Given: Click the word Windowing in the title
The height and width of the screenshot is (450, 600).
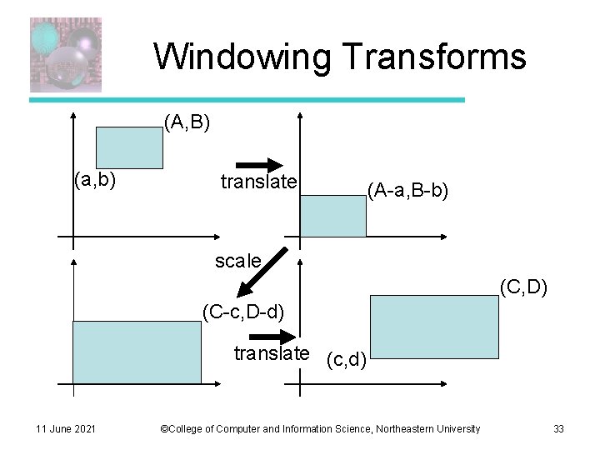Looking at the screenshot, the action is [242, 57].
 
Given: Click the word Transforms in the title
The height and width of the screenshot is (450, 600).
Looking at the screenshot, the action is [434, 57].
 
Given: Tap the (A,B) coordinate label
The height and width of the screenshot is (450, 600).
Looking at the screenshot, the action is [187, 123].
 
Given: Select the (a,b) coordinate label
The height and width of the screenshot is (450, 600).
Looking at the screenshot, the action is [94, 178].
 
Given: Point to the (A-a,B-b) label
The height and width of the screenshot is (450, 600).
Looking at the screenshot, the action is [407, 192].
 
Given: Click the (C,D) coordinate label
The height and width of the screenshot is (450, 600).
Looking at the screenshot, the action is [523, 287].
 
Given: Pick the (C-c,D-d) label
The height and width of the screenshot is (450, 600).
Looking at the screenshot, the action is [244, 312].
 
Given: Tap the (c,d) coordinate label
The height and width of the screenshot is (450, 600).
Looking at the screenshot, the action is [343, 359].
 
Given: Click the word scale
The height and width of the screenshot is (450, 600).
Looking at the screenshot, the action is [237, 261].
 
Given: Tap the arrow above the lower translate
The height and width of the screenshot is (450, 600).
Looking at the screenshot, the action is [267, 336].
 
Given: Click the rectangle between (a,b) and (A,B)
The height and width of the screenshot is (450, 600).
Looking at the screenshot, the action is [129, 147].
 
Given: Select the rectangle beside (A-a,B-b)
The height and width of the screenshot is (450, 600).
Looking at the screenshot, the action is [332, 216].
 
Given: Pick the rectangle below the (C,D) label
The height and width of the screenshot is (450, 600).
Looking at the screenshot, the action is [434, 327].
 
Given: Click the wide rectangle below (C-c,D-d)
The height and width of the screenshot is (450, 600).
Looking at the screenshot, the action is [137, 352].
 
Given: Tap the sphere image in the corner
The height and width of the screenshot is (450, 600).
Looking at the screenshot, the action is [66, 54].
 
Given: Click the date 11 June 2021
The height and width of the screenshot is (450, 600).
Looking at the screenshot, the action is [66, 428].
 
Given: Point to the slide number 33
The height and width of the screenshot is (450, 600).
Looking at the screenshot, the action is [558, 428].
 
